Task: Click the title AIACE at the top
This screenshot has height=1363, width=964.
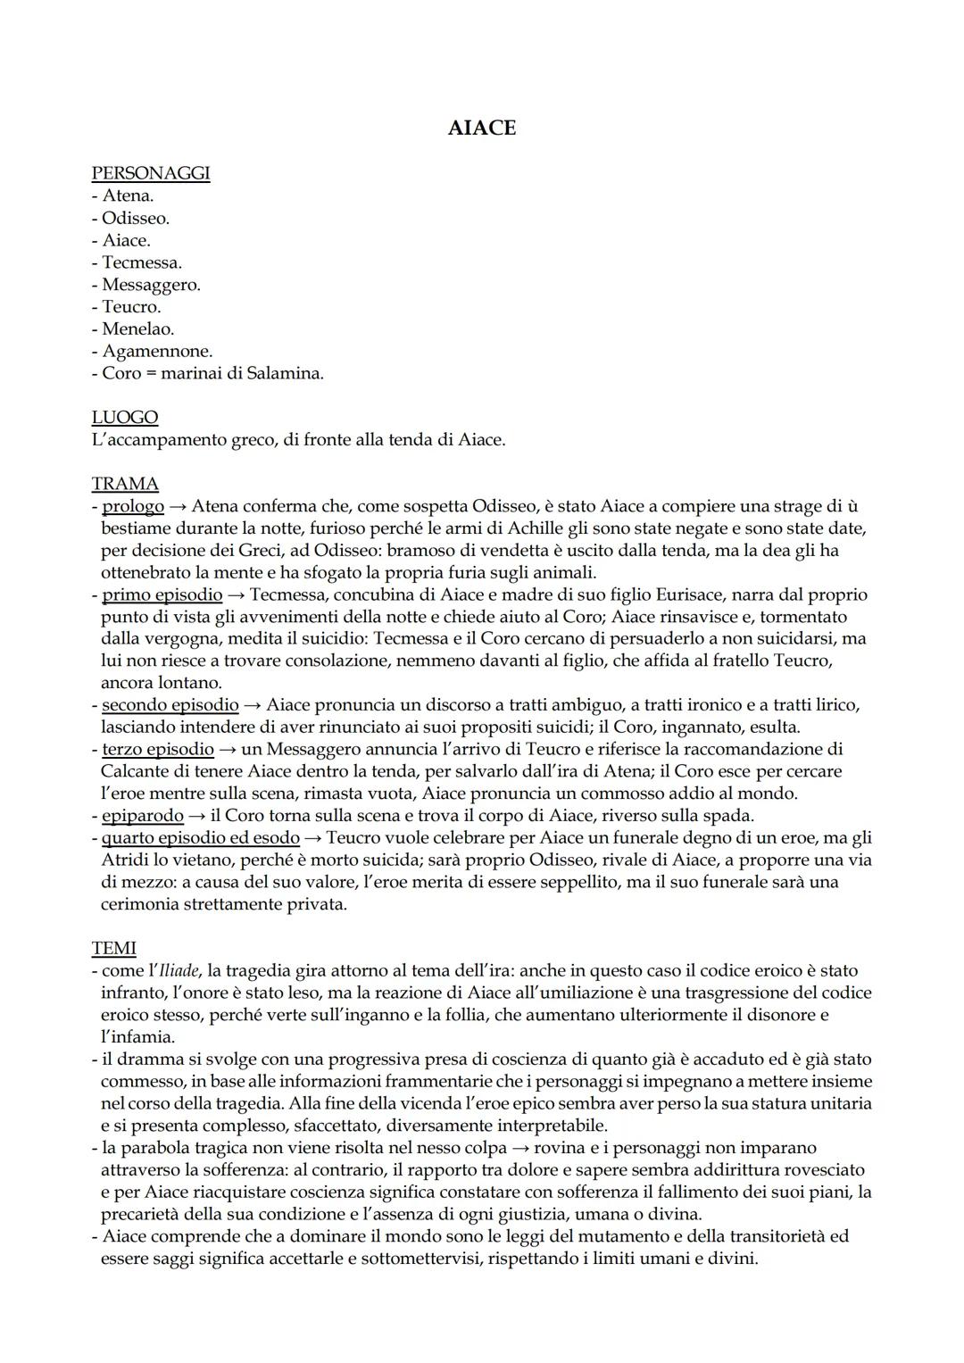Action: click(x=481, y=129)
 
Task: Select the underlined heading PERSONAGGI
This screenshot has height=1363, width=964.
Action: click(x=151, y=173)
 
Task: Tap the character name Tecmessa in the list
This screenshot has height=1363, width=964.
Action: click(x=141, y=262)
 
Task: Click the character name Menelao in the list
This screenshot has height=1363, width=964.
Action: click(x=137, y=328)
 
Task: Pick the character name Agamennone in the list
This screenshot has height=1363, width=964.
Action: click(x=157, y=351)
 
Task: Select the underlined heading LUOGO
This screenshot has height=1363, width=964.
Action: click(x=125, y=418)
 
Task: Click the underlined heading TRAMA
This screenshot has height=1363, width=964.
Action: click(x=125, y=484)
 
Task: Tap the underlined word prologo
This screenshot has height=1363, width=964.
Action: click(x=133, y=506)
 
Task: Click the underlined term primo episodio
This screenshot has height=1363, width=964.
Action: click(x=162, y=594)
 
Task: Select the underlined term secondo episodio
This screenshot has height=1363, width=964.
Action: click(x=170, y=705)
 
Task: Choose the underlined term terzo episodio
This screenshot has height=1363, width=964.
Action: click(x=158, y=749)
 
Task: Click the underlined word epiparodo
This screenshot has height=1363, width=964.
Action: click(x=142, y=815)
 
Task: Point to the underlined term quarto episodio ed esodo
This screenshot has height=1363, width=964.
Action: click(x=200, y=837)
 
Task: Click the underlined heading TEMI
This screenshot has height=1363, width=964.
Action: click(x=113, y=948)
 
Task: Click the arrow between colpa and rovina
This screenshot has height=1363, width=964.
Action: click(x=516, y=1147)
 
